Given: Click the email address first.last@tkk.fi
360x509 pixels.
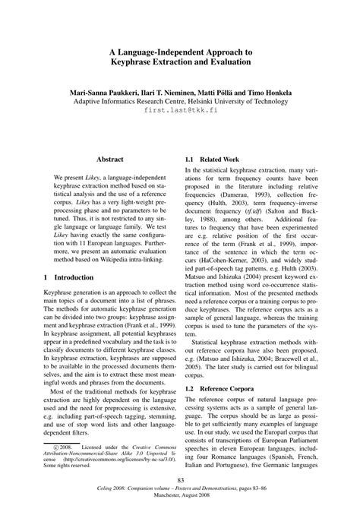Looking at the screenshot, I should point(179,111).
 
